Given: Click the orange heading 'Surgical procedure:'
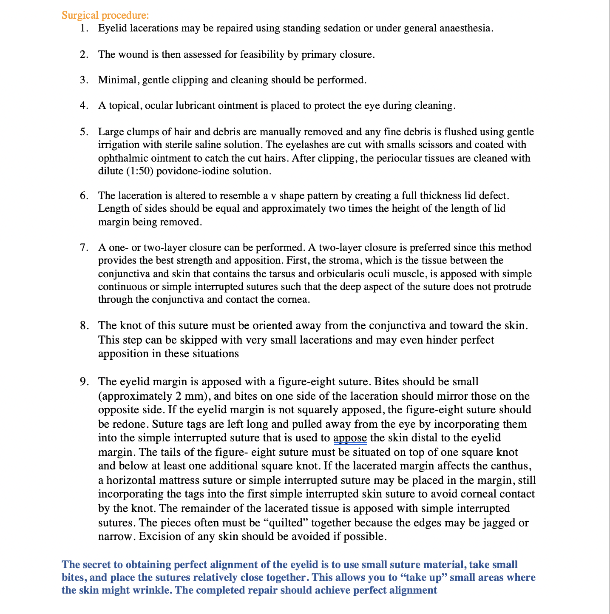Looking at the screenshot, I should click(105, 15).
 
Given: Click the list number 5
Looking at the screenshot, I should click(84, 132).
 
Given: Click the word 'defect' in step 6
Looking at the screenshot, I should click(494, 196).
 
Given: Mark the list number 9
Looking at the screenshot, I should click(84, 382).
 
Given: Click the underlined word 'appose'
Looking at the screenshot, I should click(350, 438).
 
